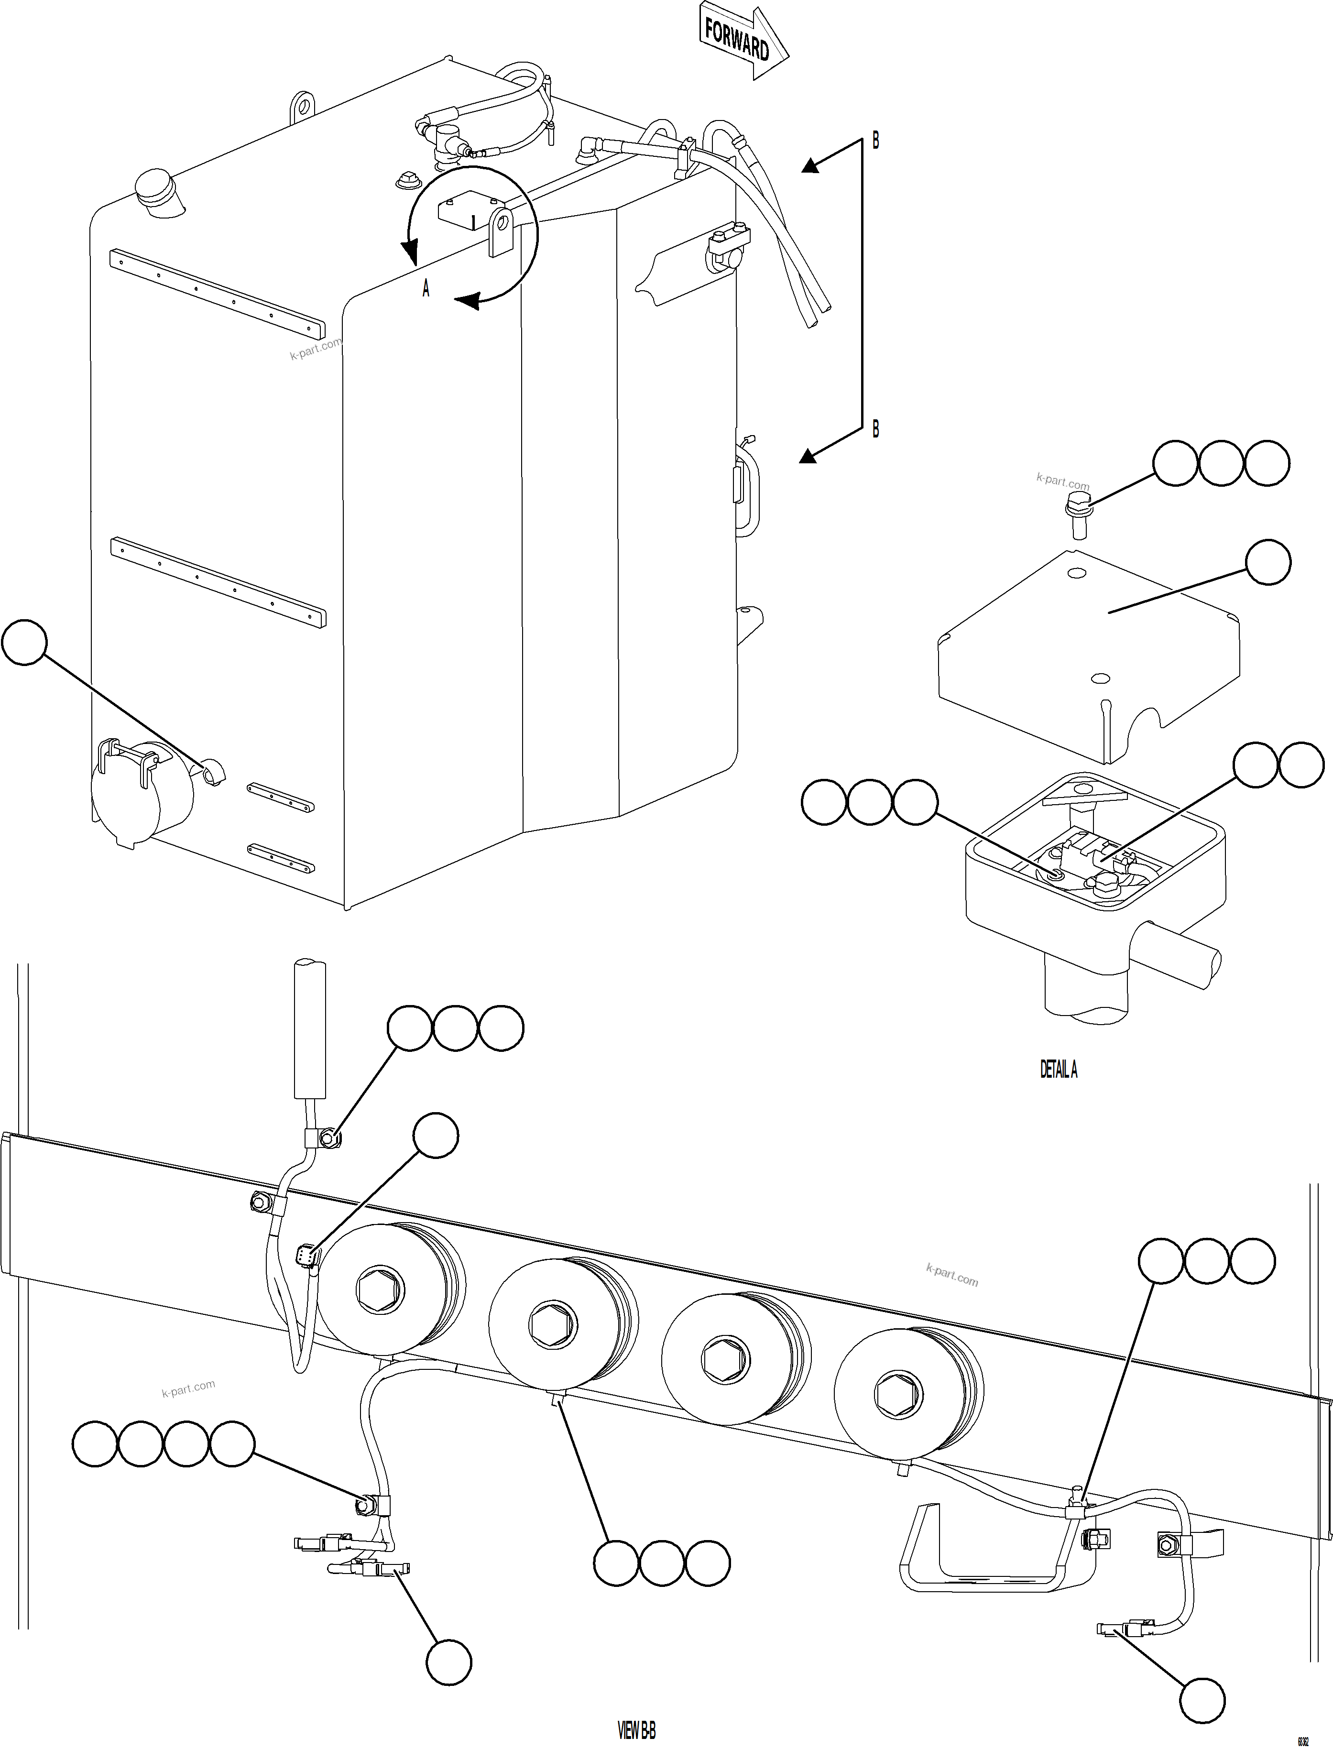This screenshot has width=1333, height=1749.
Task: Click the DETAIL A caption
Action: [x=1059, y=1070]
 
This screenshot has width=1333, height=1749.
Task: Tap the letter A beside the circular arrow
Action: [x=426, y=290]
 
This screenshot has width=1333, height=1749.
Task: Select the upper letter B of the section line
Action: [x=876, y=141]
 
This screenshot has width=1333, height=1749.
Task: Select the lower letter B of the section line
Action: [x=876, y=429]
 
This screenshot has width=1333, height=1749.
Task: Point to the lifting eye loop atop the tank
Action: [x=302, y=106]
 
